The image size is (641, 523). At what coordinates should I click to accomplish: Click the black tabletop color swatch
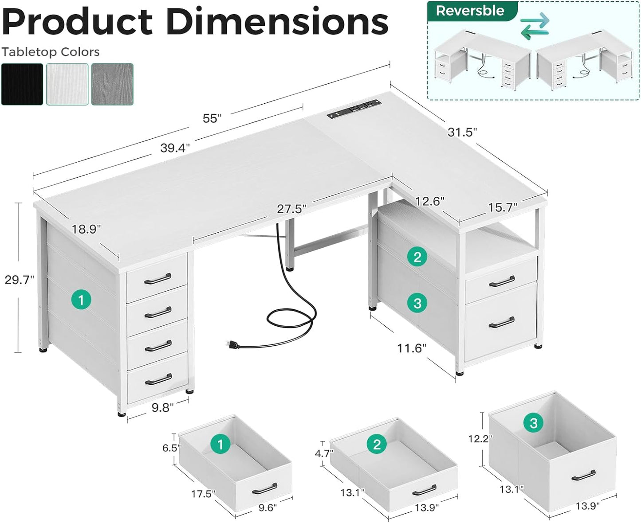tap(22, 84)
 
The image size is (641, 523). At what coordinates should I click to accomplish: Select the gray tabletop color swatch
tap(112, 84)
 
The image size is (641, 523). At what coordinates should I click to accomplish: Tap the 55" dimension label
tap(212, 118)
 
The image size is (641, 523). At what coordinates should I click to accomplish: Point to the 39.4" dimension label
tap(175, 148)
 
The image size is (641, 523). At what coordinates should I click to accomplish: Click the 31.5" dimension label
tap(462, 132)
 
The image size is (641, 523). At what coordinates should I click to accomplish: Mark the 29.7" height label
tap(19, 280)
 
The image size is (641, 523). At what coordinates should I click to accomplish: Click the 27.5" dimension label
tap(291, 209)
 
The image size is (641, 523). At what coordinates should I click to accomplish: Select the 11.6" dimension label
tap(411, 348)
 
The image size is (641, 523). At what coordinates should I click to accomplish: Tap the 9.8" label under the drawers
tap(162, 408)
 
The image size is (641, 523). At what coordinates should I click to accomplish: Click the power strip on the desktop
tap(354, 109)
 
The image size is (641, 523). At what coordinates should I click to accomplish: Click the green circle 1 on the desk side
tap(81, 300)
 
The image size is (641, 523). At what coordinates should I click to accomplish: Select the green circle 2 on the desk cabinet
tap(417, 257)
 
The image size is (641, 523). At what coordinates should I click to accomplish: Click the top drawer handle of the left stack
tap(158, 278)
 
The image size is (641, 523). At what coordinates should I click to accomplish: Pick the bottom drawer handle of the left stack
tap(158, 380)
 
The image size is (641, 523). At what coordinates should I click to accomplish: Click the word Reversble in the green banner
tap(470, 11)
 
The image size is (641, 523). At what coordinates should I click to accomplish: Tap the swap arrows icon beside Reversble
tap(535, 26)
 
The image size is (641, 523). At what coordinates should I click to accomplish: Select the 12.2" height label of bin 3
tap(480, 439)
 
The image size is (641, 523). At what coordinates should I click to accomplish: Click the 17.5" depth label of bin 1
tap(203, 494)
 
